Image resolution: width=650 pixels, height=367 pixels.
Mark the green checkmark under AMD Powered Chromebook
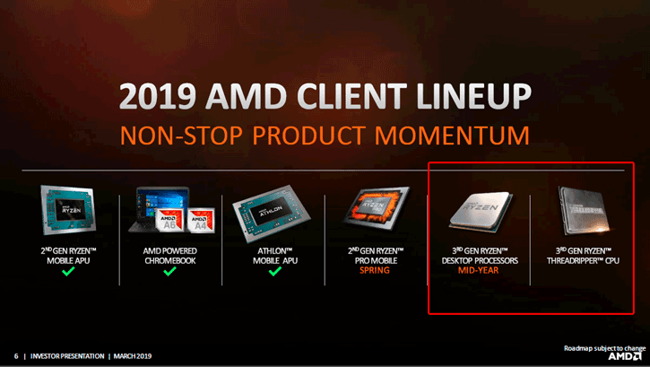pyautogui.click(x=170, y=270)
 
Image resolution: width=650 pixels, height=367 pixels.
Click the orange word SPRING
pyautogui.click(x=372, y=269)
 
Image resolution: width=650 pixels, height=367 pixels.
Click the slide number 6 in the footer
pyautogui.click(x=15, y=356)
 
